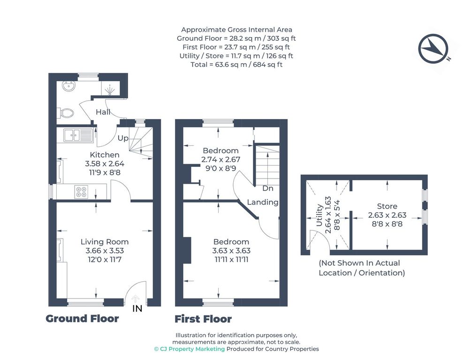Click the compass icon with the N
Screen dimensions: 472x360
click(434, 49)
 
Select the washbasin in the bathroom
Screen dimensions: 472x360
click(69, 86)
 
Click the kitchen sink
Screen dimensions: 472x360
click(78, 135)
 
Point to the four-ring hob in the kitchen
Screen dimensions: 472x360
click(81, 192)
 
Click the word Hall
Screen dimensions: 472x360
click(103, 112)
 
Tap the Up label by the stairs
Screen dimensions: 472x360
click(123, 138)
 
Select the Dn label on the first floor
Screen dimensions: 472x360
click(267, 188)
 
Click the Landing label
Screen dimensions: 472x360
click(262, 202)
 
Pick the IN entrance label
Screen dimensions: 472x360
click(137, 308)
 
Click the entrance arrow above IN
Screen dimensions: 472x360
click(136, 299)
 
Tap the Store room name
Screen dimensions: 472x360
click(387, 206)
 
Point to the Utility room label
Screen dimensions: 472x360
click(320, 215)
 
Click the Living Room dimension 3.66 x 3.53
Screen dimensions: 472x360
click(105, 250)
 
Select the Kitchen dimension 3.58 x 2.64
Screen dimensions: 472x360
click(105, 164)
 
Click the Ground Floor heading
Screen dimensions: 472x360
click(82, 318)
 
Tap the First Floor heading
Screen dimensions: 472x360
click(203, 319)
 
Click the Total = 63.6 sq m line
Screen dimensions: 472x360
click(236, 64)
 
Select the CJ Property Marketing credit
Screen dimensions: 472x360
click(190, 349)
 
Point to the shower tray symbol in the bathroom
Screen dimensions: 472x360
click(110, 88)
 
